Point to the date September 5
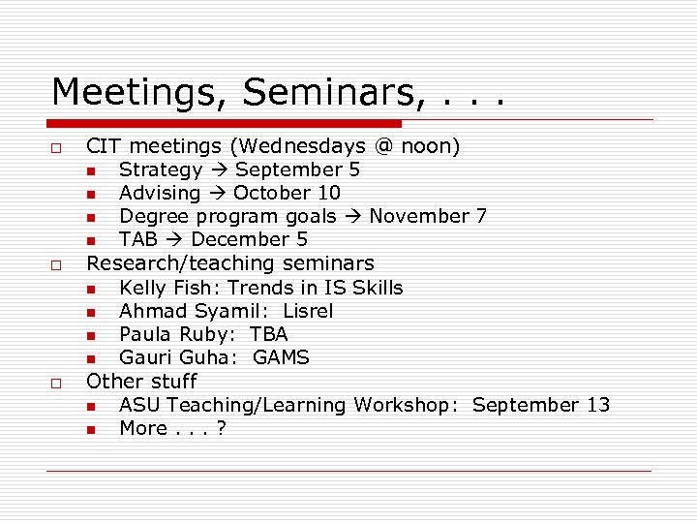pos(298,170)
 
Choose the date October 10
pos(287,193)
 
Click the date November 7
pos(428,216)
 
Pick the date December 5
pos(250,239)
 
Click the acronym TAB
pos(138,239)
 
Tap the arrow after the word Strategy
pos(219,170)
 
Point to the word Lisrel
pos(308,311)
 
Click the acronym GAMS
pos(281,357)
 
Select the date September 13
pos(541,405)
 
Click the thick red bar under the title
pos(224,124)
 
